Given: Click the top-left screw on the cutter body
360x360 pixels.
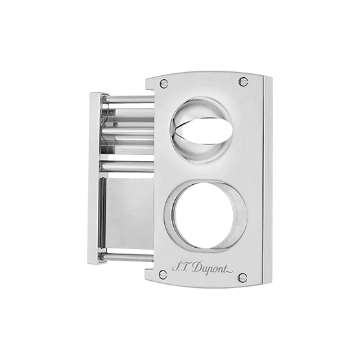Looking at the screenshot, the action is click(x=163, y=83).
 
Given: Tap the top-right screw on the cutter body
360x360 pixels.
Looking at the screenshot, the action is click(x=244, y=81).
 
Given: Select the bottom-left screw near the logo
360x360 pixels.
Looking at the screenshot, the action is click(x=163, y=274).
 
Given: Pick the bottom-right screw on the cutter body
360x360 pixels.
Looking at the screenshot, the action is click(x=243, y=277).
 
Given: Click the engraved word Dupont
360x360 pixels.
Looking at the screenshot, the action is click(x=208, y=268).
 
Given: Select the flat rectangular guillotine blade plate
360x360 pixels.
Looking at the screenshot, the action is click(x=130, y=213).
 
